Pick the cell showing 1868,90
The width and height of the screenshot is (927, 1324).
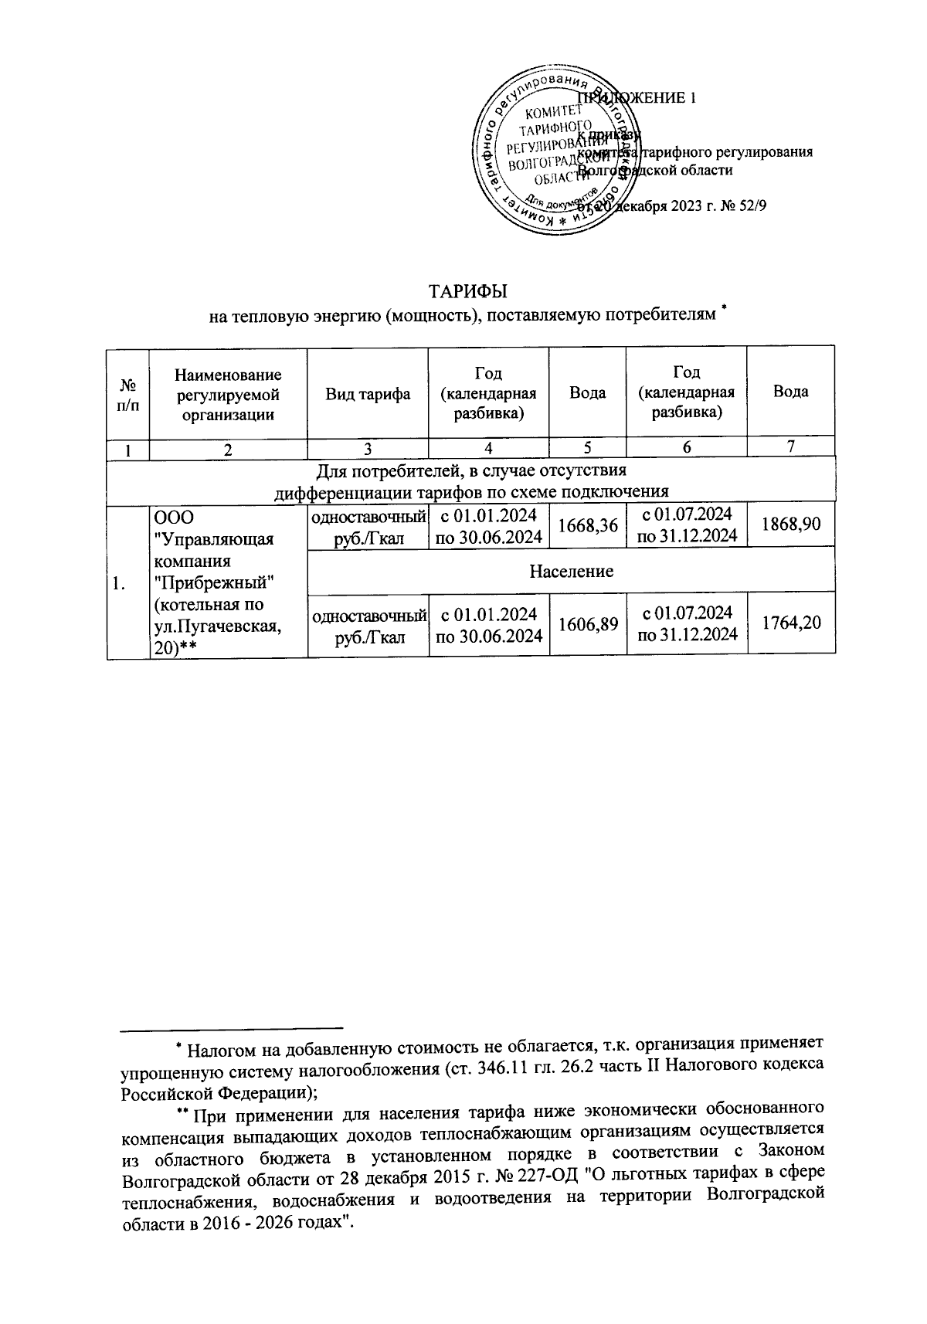click(x=790, y=524)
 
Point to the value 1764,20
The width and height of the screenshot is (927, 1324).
click(x=790, y=623)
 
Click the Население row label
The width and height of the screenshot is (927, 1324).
click(x=571, y=571)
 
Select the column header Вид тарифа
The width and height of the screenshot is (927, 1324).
click(x=368, y=393)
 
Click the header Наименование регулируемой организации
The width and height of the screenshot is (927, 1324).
click(x=228, y=394)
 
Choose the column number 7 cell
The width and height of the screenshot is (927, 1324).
click(x=790, y=446)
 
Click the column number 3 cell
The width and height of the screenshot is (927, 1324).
click(x=368, y=447)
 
